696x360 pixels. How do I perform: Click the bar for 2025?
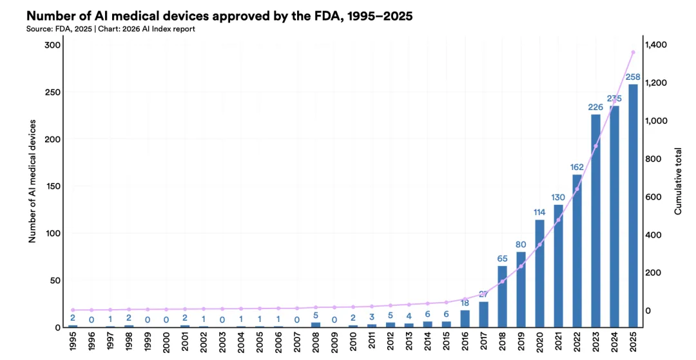(x=633, y=206)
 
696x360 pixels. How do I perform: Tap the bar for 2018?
(x=502, y=296)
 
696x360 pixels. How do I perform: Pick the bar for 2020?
(x=539, y=274)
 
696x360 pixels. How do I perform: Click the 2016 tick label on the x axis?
(x=465, y=342)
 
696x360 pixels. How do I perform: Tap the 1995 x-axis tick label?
(x=73, y=342)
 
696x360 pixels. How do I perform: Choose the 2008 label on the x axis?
(x=316, y=342)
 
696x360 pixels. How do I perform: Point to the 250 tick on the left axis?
(x=53, y=92)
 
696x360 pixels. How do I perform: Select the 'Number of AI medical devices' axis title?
(x=32, y=181)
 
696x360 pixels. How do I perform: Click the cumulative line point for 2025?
(x=633, y=52)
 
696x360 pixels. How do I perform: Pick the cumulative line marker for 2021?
(x=558, y=220)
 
